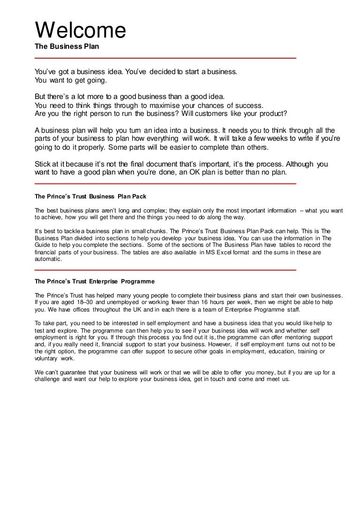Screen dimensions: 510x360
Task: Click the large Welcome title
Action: click(x=81, y=31)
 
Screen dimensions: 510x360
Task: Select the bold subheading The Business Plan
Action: click(x=67, y=47)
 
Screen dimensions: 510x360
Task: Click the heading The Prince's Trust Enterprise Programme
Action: click(x=95, y=282)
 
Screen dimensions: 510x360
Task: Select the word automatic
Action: click(x=48, y=259)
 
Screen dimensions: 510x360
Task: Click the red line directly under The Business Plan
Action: click(x=165, y=58)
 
